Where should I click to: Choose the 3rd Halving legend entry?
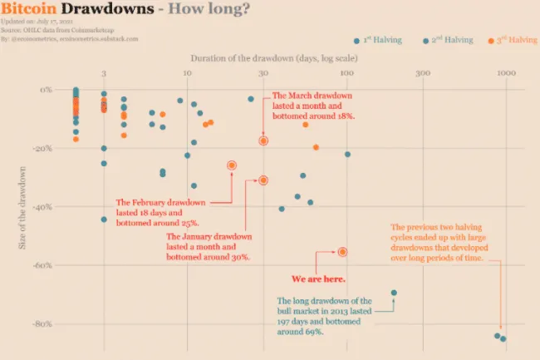pyautogui.click(x=513, y=40)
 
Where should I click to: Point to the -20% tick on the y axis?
pyautogui.click(x=42, y=148)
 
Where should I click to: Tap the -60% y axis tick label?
pyautogui.click(x=42, y=265)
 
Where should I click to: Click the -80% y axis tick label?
pyautogui.click(x=42, y=323)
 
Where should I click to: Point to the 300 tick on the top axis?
pyautogui.click(x=423, y=75)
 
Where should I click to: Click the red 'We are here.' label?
pyautogui.click(x=318, y=279)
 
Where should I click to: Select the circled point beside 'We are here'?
pyautogui.click(x=342, y=252)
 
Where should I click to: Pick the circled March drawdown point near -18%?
pyautogui.click(x=263, y=141)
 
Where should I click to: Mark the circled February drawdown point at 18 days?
pyautogui.click(x=231, y=165)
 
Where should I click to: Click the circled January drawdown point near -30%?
pyautogui.click(x=263, y=180)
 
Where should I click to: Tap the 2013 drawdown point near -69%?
pyautogui.click(x=394, y=293)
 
